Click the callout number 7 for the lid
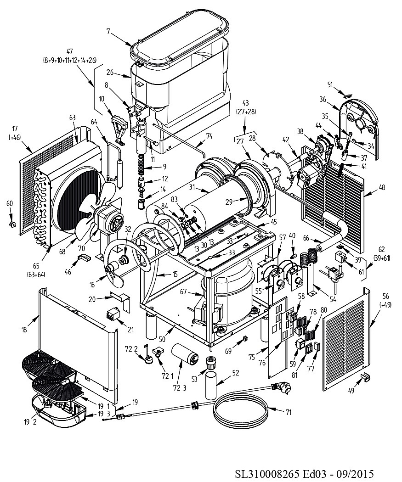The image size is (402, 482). tap(108, 31)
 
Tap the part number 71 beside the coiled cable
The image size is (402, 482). tap(288, 412)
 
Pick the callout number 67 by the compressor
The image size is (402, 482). tap(184, 291)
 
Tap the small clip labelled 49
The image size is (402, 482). tap(365, 376)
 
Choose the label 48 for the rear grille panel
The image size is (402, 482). tap(382, 187)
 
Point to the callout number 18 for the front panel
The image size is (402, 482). tap(24, 330)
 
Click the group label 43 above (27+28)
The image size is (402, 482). tap(245, 103)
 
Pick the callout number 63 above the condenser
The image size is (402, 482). tap(73, 118)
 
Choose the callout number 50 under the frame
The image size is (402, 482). tap(162, 339)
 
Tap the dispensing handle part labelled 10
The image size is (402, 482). tap(119, 128)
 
